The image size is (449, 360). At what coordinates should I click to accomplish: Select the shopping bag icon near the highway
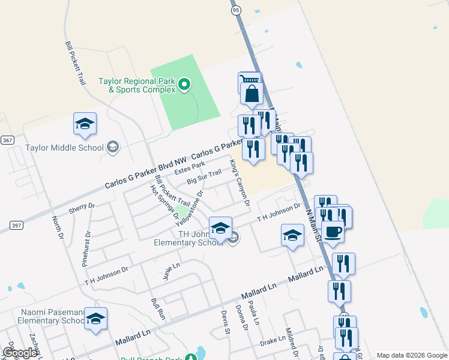point(252,94)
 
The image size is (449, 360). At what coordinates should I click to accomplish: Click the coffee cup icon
point(333,231)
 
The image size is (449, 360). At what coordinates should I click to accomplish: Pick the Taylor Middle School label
point(65,148)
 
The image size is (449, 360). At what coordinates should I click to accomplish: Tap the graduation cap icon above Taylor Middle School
point(85,124)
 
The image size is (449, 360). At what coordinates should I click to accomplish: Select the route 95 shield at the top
point(235,10)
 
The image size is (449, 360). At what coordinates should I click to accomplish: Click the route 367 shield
point(7,140)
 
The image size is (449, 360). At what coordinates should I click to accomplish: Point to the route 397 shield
point(16,225)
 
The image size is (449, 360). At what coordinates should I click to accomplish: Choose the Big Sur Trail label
point(204,177)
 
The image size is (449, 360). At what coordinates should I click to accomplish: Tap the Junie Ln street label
point(171,271)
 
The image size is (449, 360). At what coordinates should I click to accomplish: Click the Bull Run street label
point(158,308)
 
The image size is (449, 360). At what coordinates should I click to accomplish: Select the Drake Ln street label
point(273,341)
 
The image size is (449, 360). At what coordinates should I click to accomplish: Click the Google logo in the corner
point(20,353)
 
